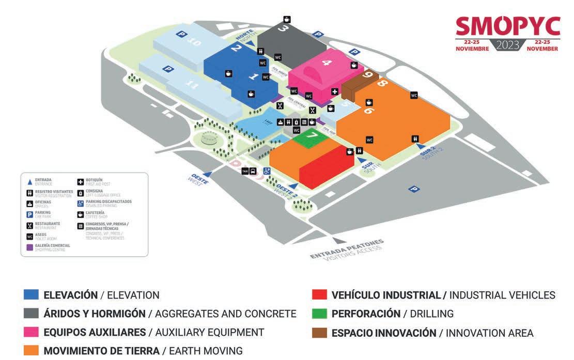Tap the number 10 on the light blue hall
click(194, 43)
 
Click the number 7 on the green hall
click(313, 135)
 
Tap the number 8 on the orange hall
click(383, 83)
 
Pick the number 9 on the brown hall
click(367, 75)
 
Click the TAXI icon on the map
click(245, 170)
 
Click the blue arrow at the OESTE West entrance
click(208, 175)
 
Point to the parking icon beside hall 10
click(181, 34)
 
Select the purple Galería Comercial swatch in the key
click(30, 247)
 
